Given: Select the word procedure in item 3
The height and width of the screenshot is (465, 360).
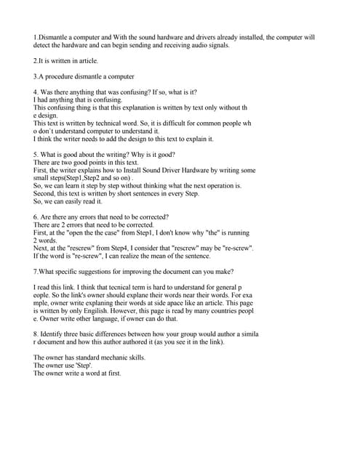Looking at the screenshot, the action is (x=61, y=76).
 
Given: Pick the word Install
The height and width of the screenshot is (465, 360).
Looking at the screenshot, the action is (x=159, y=170).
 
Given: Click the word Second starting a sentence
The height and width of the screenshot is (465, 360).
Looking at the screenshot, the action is (x=45, y=193).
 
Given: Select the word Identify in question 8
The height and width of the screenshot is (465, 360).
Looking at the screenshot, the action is (x=55, y=334).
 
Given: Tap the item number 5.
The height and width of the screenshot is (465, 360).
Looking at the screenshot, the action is (x=36, y=155).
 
